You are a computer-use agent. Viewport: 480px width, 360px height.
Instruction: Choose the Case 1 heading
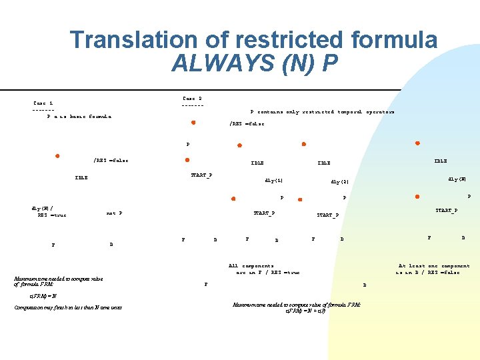pyautogui.click(x=43, y=103)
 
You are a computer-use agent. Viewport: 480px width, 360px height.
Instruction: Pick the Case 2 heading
pyautogui.click(x=193, y=98)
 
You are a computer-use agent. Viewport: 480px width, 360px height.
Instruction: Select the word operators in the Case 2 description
pyautogui.click(x=382, y=112)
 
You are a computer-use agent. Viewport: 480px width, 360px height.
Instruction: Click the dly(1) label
pyautogui.click(x=274, y=180)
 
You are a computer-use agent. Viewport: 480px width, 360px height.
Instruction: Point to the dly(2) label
pyautogui.click(x=340, y=181)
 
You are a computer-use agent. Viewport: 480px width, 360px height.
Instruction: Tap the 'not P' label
pyautogui.click(x=114, y=213)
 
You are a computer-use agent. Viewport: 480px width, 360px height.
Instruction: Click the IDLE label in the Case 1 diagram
pyautogui.click(x=81, y=177)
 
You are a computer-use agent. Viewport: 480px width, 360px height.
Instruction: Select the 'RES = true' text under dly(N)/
pyautogui.click(x=52, y=215)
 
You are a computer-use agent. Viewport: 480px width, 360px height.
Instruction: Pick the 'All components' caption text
pyautogui.click(x=251, y=265)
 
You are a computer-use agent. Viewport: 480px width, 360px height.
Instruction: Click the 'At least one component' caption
pyautogui.click(x=434, y=265)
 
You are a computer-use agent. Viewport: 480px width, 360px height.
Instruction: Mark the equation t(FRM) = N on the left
pyautogui.click(x=43, y=295)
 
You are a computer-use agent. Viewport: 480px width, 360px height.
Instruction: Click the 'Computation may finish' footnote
pyautogui.click(x=68, y=307)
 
